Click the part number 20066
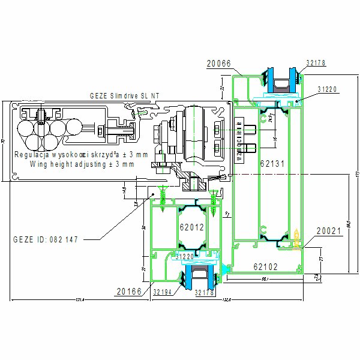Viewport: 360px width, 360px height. [218, 62]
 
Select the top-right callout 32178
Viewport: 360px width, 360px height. [316, 62]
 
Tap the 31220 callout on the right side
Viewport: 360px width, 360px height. [328, 89]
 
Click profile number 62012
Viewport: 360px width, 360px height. [191, 227]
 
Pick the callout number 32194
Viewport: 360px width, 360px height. [163, 292]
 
